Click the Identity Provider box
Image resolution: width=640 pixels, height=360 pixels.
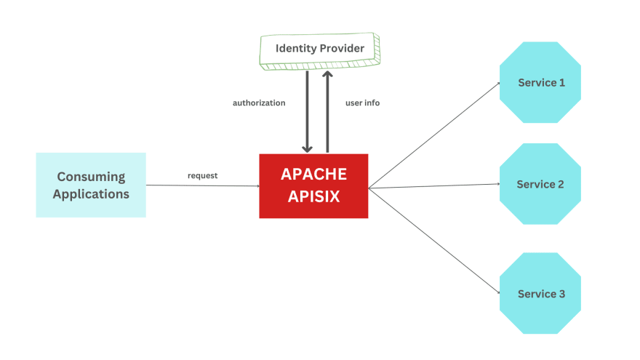pyautogui.click(x=319, y=49)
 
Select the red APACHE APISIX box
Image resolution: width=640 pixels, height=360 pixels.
pyautogui.click(x=313, y=185)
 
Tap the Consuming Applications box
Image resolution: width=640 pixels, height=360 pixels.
pyautogui.click(x=91, y=185)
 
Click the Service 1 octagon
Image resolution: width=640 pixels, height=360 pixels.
pyautogui.click(x=540, y=82)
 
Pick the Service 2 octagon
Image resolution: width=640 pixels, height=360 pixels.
pyautogui.click(x=540, y=184)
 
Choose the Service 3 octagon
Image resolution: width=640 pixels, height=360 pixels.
pyautogui.click(x=540, y=293)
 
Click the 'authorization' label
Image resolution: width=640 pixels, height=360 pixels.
pyautogui.click(x=259, y=103)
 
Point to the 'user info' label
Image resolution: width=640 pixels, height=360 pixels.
pyautogui.click(x=362, y=103)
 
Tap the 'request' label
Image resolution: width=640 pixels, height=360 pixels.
pyautogui.click(x=202, y=175)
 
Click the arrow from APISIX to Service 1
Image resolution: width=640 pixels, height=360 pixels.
pyautogui.click(x=434, y=135)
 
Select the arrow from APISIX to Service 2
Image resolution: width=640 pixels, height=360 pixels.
pyautogui.click(x=434, y=187)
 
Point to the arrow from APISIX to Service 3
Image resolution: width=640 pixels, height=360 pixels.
pyautogui.click(x=434, y=241)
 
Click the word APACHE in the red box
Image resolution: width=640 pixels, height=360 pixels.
pyautogui.click(x=313, y=175)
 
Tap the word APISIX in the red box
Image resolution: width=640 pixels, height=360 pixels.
pyautogui.click(x=313, y=196)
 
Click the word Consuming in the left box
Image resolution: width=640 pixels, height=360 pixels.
pyautogui.click(x=91, y=177)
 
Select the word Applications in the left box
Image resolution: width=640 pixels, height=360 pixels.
pyautogui.click(x=91, y=194)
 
